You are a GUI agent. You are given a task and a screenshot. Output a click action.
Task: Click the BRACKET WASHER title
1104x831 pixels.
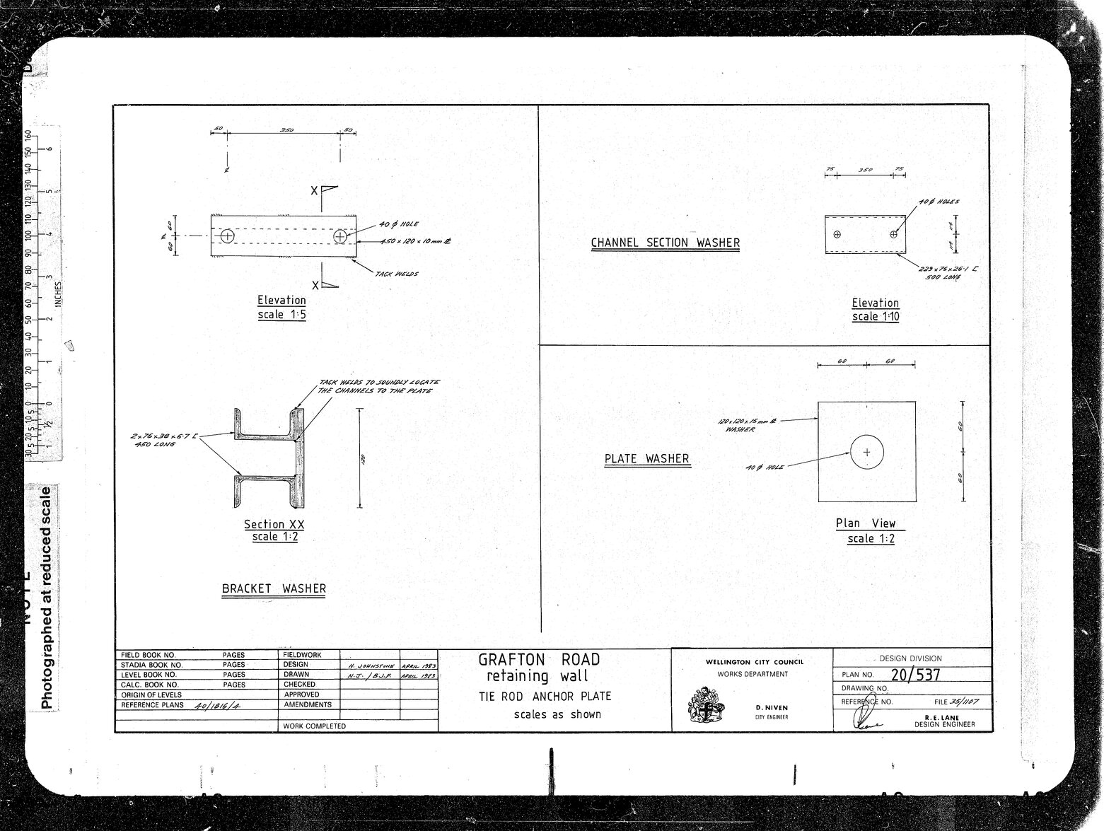[x=274, y=588]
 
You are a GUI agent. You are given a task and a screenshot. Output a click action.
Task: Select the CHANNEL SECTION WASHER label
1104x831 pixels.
[x=665, y=243]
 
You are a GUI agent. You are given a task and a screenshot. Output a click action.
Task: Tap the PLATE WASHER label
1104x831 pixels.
[x=646, y=459]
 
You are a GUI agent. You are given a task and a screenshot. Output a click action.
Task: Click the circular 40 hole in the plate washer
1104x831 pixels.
[x=867, y=452]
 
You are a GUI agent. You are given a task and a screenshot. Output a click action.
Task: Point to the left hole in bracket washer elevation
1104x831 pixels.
[x=227, y=236]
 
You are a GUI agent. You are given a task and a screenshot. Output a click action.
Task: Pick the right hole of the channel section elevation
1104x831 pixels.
[x=894, y=233]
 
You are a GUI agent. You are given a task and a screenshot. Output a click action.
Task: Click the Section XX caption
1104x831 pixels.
[x=274, y=524]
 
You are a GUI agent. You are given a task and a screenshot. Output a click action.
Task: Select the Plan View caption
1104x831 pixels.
[x=866, y=523]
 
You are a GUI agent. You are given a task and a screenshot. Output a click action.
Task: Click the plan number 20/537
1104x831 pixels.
[x=915, y=674]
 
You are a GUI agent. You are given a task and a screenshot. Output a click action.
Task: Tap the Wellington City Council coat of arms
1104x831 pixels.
[x=706, y=705]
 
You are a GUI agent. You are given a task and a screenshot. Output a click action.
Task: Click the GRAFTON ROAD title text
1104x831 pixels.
[x=539, y=660]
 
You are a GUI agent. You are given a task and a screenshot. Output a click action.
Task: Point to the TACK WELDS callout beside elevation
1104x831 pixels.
[x=396, y=274]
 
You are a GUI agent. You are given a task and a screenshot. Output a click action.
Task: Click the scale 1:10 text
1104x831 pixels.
[x=876, y=316]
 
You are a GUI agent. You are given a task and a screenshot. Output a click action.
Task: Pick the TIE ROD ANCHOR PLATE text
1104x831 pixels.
[x=545, y=696]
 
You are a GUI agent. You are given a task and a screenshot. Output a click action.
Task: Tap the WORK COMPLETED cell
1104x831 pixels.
[x=314, y=726]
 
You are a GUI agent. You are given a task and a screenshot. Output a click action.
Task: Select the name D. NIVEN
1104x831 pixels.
[x=772, y=707]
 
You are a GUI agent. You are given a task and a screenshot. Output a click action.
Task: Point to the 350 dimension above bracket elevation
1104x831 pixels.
[x=286, y=130]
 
